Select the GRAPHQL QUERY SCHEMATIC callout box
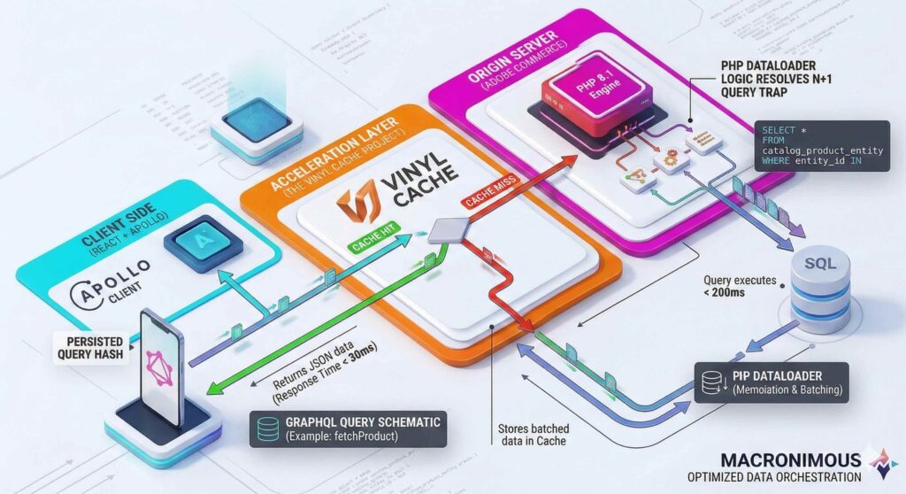pyautogui.click(x=351, y=428)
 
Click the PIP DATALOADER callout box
pyautogui.click(x=771, y=382)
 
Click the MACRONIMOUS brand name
pyautogui.click(x=790, y=459)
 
